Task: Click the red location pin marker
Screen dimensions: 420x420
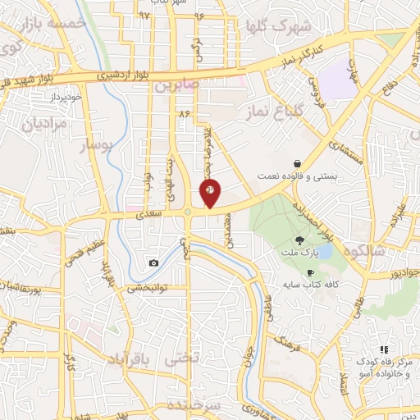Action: click(x=211, y=192)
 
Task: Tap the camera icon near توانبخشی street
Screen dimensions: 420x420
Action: click(x=153, y=262)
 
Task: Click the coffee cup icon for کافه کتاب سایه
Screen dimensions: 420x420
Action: click(x=310, y=273)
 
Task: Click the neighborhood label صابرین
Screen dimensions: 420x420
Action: click(x=173, y=84)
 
